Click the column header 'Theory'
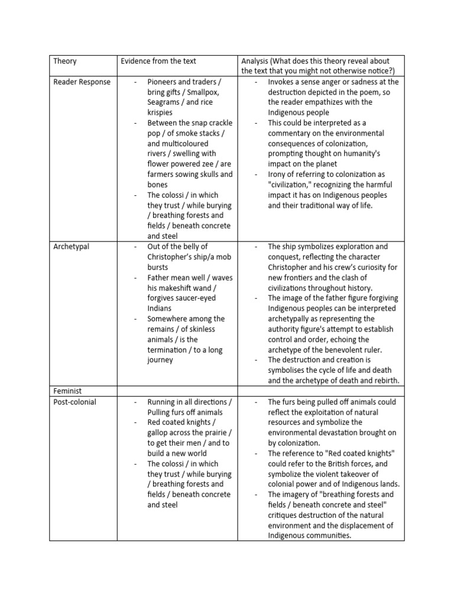pos(65,61)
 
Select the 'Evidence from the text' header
pos(158,61)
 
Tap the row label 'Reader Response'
pos(82,82)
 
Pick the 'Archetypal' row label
pos(72,246)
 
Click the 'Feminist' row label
pos(67,391)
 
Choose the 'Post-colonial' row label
pos(74,402)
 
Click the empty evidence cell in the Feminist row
pos(177,391)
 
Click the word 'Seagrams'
pos(166,102)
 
